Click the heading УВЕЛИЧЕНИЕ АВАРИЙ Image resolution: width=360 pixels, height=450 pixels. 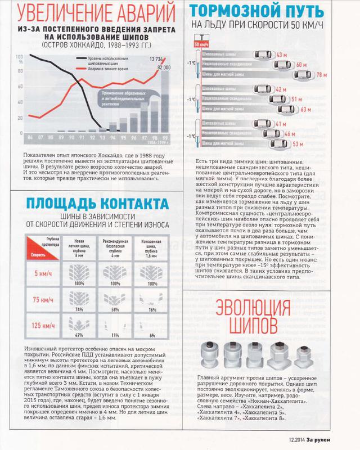coord(93,12)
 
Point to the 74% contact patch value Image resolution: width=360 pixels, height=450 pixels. coord(79,309)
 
